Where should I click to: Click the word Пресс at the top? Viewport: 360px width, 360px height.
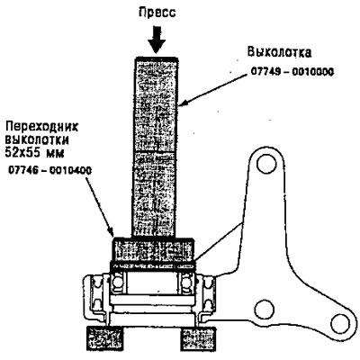157,13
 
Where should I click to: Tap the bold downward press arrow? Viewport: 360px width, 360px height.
157,40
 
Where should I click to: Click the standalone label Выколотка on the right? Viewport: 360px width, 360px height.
279,52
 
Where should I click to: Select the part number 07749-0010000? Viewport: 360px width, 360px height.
292,72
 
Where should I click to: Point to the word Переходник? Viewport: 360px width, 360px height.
42,127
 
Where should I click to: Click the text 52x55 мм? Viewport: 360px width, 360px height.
35,154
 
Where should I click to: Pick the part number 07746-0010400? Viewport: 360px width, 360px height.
49,171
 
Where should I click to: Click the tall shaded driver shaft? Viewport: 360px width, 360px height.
156,147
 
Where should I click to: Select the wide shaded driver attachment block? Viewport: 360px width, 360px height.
153,249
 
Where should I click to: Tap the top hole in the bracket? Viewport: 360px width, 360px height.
266,164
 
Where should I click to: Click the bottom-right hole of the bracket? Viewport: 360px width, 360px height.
340,323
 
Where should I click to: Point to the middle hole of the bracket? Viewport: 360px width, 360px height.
264,309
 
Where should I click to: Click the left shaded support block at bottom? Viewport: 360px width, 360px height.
105,337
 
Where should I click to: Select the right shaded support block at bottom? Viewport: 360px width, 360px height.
198,339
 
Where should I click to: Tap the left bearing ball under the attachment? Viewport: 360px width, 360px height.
118,283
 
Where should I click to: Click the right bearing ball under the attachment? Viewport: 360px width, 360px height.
186,283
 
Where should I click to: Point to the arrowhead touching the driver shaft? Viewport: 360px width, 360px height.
184,103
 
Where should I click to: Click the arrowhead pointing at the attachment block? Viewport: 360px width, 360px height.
111,231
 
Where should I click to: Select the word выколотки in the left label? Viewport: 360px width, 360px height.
37,140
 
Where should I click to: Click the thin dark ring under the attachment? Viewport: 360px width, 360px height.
153,266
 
